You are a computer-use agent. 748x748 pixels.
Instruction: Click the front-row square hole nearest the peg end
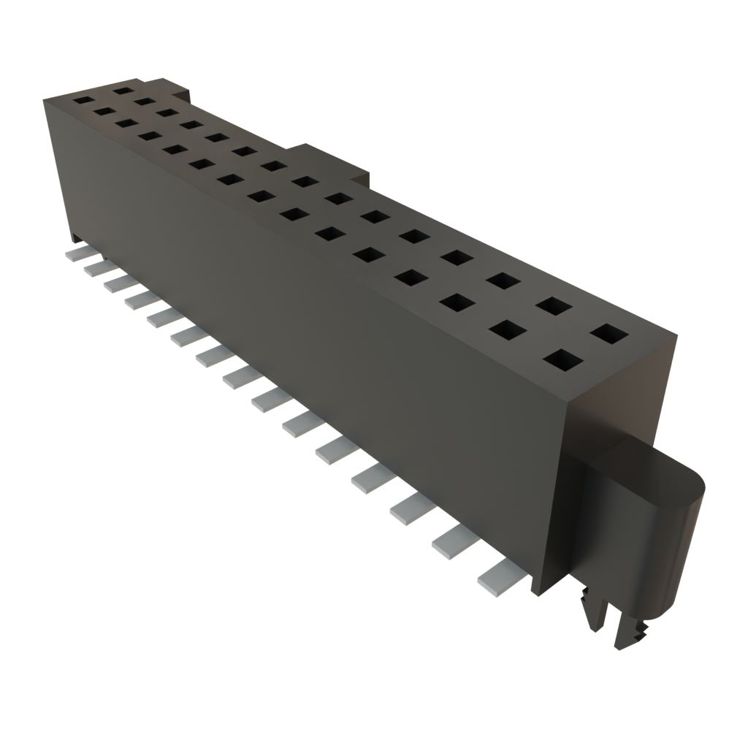pos(563,361)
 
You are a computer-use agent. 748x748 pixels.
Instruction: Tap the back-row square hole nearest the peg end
pos(610,335)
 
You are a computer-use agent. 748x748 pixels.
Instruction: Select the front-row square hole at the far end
pos(83,100)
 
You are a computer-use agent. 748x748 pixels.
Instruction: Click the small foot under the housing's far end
pos(77,237)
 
